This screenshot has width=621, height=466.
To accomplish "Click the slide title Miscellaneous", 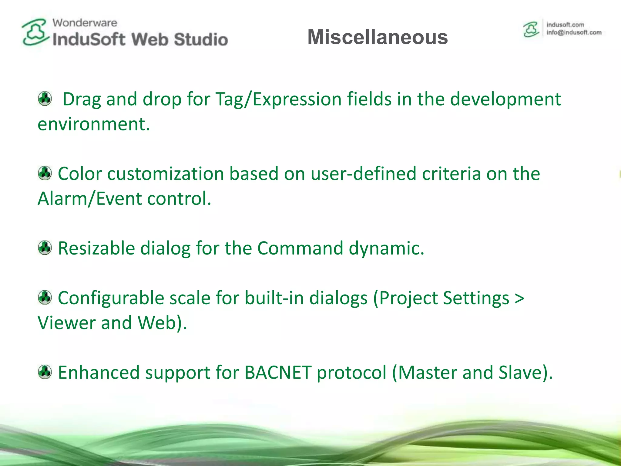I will click(x=378, y=37).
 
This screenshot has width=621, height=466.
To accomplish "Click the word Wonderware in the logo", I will click(x=85, y=23).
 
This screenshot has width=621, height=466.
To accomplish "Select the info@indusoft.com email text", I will click(x=574, y=33).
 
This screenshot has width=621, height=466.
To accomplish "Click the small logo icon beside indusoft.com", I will click(x=531, y=29).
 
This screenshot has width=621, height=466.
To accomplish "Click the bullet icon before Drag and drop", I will click(x=45, y=99).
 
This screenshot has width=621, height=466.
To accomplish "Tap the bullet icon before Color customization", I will click(x=45, y=173).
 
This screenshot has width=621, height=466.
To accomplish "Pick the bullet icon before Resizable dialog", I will click(x=45, y=248).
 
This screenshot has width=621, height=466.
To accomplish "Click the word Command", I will click(x=300, y=248).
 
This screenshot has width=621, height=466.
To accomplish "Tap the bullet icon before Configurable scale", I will click(x=45, y=298).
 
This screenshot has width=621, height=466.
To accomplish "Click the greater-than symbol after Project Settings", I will click(x=519, y=299).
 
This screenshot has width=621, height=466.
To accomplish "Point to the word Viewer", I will click(x=66, y=323).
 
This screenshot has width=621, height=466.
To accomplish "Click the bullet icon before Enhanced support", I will click(x=45, y=372).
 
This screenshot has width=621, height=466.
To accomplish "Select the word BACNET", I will click(x=278, y=373).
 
